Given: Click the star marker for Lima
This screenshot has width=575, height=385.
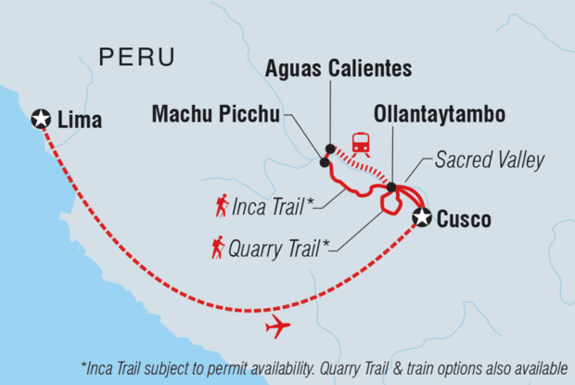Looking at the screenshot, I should tap(41, 118).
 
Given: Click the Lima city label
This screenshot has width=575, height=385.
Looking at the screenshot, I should tap(80, 119).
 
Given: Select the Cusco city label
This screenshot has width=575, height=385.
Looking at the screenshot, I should tap(466, 220).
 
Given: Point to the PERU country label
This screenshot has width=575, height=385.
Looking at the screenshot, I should tap(136, 58).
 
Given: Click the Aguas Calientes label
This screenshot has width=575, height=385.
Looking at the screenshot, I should tap(339, 69).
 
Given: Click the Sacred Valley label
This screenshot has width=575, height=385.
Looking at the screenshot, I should tap(490, 160).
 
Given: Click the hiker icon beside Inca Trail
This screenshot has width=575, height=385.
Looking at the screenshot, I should tap(222, 205).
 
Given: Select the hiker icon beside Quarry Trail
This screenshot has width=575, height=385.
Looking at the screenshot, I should tap(218, 248).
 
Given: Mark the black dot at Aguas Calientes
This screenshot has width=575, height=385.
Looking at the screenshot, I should tap(330, 148).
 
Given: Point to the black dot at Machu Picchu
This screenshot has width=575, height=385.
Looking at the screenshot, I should tap(325, 162).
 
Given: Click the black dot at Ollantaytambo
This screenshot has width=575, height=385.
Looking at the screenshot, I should tap(391, 187).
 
